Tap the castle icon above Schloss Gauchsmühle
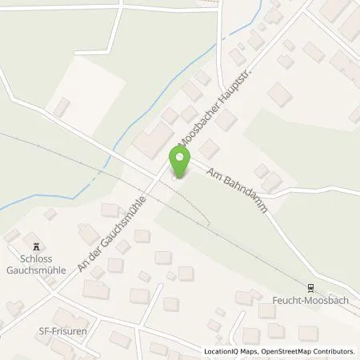(34, 245)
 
